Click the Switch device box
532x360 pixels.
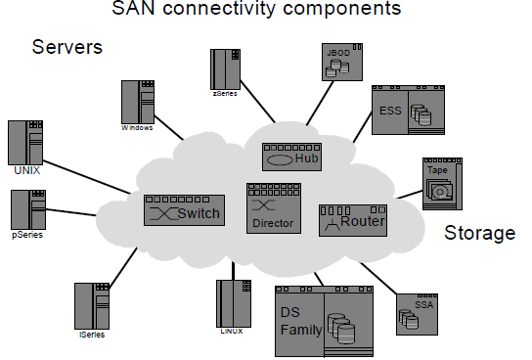point(183,210)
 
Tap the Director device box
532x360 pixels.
point(272,206)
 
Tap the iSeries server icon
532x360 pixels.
point(90,306)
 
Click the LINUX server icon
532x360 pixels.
point(231,302)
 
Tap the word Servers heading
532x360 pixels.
point(67,47)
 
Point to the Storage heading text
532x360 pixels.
point(479,233)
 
